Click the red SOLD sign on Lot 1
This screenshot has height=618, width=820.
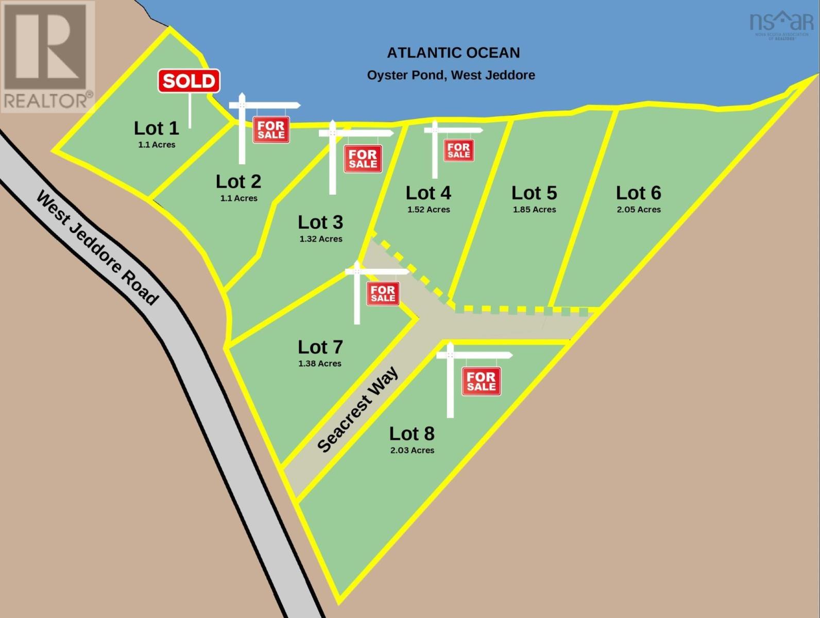[189, 81]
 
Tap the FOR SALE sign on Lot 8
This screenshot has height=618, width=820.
[481, 381]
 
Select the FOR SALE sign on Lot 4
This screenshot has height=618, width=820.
[458, 150]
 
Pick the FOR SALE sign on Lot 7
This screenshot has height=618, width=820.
[383, 294]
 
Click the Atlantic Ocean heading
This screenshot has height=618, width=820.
[453, 53]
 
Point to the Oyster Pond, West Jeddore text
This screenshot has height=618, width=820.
[451, 75]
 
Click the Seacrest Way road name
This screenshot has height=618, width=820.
[357, 409]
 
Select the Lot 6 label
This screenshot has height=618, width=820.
[638, 193]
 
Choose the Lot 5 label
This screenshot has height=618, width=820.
[534, 193]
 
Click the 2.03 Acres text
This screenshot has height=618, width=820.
[412, 450]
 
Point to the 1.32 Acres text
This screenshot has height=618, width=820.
[321, 239]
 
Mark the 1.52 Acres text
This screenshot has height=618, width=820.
[429, 210]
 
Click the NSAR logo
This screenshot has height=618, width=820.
[781, 25]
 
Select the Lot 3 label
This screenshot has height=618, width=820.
[320, 222]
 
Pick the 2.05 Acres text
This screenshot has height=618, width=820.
[639, 210]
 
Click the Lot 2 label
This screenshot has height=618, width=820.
[238, 182]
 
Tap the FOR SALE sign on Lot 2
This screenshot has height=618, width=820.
[271, 130]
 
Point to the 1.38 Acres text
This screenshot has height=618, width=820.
[320, 364]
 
